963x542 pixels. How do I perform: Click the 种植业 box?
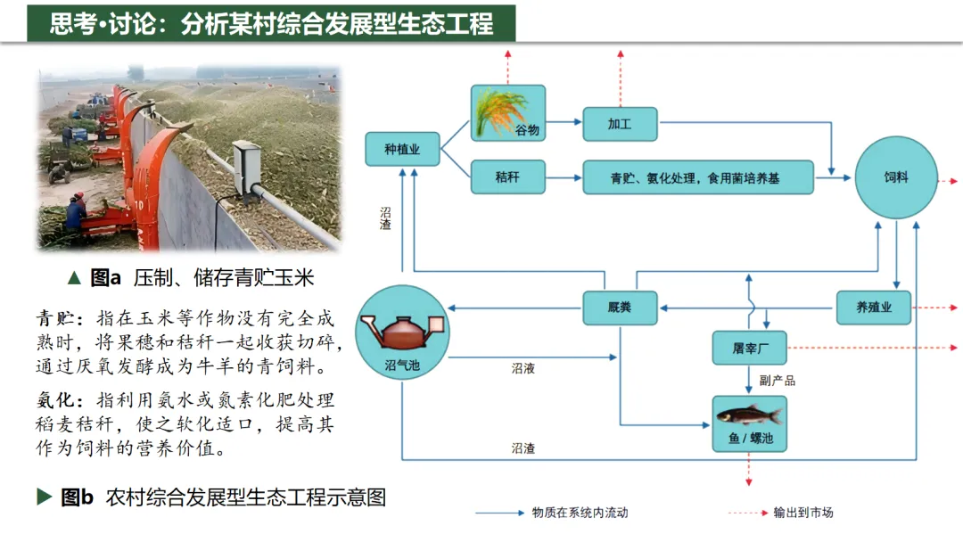point(404,149)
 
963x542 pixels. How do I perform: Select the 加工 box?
point(620,124)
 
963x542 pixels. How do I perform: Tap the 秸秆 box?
point(507,177)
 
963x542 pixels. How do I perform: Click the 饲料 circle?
point(895,177)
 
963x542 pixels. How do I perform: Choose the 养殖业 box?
point(874,308)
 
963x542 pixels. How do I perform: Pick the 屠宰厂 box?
point(749,348)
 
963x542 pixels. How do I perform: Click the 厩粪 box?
point(620,308)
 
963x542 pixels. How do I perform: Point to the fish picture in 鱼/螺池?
point(749,415)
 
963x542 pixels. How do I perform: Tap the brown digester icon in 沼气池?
point(400,332)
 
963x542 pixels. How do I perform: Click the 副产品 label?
point(777,381)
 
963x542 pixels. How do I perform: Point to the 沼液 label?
point(523,367)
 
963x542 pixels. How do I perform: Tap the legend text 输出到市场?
point(803,513)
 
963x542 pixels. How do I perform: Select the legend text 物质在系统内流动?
point(580,513)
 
